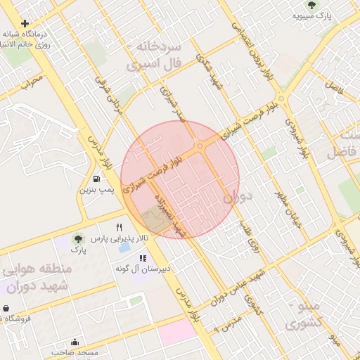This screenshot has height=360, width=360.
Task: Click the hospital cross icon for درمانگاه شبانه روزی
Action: point(25,23)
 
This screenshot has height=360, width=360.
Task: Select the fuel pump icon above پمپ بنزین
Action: point(96,179)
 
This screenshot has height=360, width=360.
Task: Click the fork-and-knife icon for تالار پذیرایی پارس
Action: point(120,227)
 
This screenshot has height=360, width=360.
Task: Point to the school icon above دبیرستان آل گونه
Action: point(143,258)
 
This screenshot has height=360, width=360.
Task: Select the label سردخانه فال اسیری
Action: point(153,55)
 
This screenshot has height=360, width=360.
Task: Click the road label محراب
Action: point(32,83)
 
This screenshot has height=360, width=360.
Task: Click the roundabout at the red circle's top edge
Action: point(200,146)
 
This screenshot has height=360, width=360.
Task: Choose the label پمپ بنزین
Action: point(94,190)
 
